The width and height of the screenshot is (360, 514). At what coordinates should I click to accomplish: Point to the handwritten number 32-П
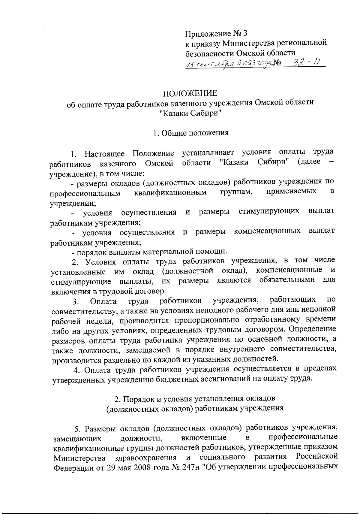coord(303,63)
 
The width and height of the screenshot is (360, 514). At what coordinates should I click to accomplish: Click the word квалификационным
coord(170,192)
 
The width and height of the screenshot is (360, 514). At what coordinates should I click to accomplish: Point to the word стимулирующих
coord(269,211)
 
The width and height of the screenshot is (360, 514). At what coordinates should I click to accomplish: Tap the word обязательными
coord(287,280)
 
